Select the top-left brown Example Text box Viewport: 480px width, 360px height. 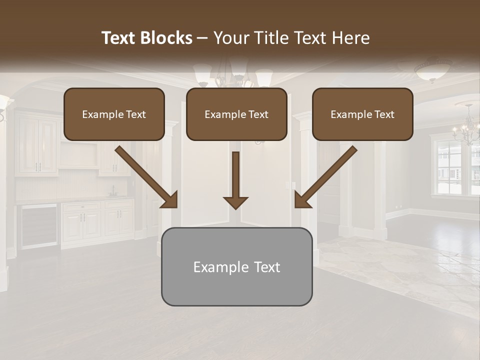pyautogui.click(x=114, y=114)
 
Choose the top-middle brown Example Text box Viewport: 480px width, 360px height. pyautogui.click(x=236, y=114)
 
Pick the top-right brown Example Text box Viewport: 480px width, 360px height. pyautogui.click(x=362, y=114)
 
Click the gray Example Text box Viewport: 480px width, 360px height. pyautogui.click(x=236, y=266)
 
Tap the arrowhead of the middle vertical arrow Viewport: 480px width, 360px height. pyautogui.click(x=235, y=202)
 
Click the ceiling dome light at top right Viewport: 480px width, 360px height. pyautogui.click(x=433, y=70)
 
